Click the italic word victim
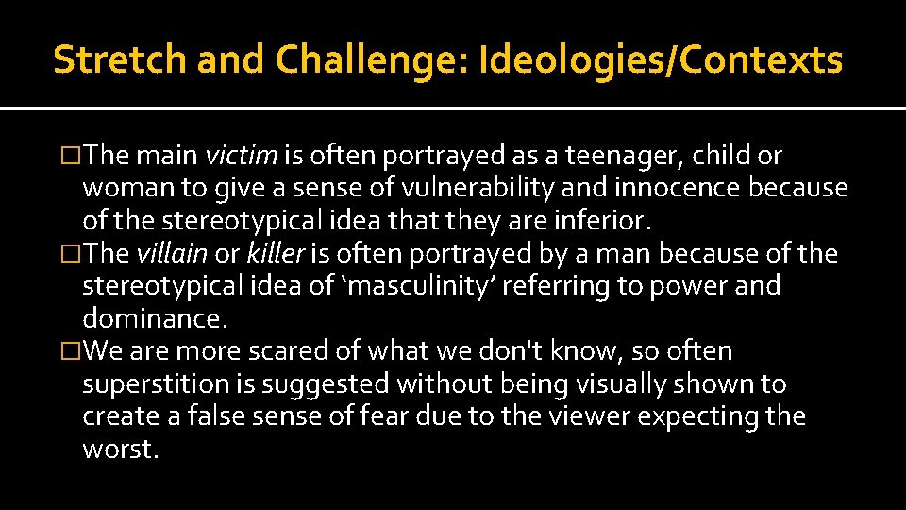click(241, 156)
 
